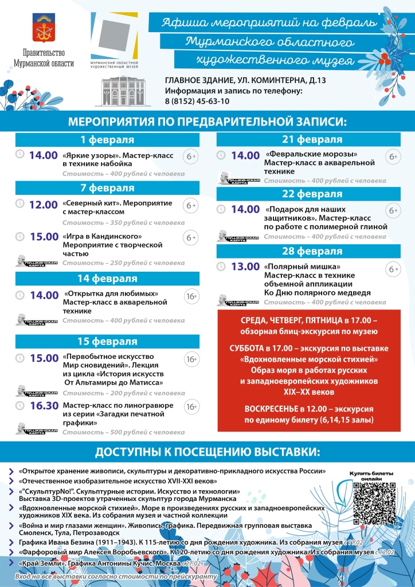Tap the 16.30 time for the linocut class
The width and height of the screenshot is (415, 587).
tap(44, 406)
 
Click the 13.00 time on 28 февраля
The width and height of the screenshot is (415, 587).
tap(245, 267)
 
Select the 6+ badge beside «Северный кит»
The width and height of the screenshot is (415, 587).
tap(191, 205)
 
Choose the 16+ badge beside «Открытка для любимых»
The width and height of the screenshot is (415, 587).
tap(191, 296)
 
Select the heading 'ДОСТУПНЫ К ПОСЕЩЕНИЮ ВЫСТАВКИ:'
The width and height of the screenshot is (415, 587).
tap(207, 452)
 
